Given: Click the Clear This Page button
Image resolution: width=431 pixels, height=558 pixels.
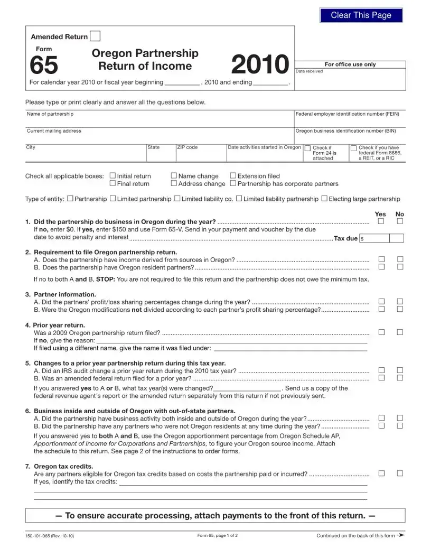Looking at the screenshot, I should [x=361, y=15].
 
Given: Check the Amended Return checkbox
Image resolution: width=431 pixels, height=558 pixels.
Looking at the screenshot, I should [x=95, y=36].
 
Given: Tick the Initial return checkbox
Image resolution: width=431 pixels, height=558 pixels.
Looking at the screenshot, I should [x=112, y=175].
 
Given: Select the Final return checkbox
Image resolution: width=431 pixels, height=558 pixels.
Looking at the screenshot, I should [x=112, y=183].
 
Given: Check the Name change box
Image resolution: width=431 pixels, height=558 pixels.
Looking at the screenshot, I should [x=174, y=175].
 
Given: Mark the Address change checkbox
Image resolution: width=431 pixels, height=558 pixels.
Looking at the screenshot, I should [x=174, y=183].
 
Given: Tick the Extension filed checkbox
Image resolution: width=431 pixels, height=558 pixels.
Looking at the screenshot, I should [x=233, y=175].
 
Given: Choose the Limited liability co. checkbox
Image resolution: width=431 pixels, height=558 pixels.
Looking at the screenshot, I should [x=177, y=199].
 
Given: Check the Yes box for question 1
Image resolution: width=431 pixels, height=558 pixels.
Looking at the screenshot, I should [x=381, y=221].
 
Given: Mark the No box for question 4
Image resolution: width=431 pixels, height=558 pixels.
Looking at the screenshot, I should [x=400, y=332].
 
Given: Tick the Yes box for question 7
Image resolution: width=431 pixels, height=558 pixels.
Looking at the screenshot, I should [x=381, y=473].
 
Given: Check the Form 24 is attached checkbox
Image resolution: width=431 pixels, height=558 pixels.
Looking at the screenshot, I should [x=308, y=148].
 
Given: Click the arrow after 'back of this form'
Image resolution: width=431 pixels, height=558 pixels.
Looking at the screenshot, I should [x=401, y=535].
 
